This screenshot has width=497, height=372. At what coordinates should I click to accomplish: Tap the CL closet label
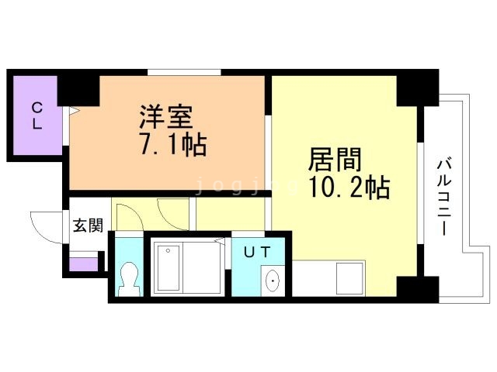[x=36, y=115]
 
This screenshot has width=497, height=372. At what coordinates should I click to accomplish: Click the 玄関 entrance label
[x=88, y=226]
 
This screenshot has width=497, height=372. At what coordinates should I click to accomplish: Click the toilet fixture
[x=129, y=278]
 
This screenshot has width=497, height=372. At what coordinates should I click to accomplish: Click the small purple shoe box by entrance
[x=82, y=263]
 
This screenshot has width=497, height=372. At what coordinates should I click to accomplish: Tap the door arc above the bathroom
[x=172, y=213]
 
